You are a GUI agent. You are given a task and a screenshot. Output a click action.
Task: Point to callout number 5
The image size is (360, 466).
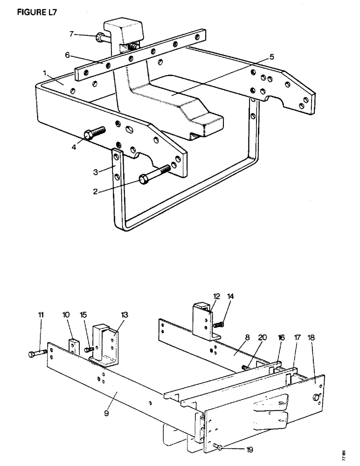point(271,57)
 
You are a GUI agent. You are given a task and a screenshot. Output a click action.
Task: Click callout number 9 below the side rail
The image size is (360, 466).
point(106,412)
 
